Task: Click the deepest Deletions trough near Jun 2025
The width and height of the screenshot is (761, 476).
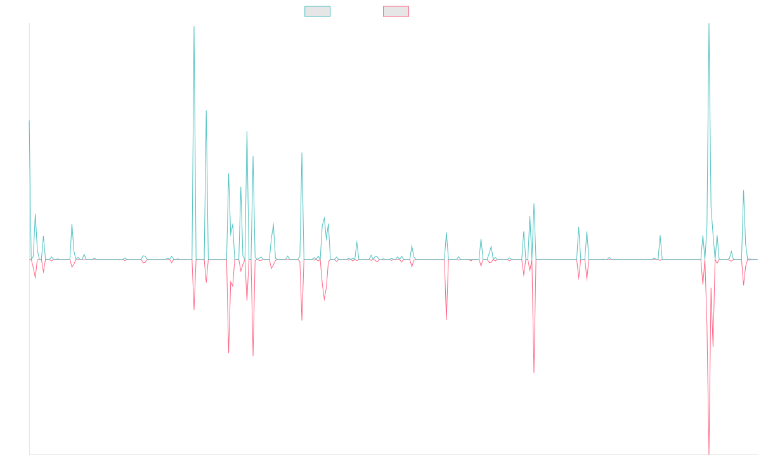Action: coord(709,453)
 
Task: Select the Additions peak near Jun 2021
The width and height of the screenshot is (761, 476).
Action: coord(302,153)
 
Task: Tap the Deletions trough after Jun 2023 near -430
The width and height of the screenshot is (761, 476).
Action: coord(534,372)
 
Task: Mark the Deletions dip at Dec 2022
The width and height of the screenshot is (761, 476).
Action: coord(446,319)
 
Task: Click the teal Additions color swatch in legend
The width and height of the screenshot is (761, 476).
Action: coord(318,11)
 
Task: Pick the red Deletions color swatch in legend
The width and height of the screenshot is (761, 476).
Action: coord(396,11)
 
